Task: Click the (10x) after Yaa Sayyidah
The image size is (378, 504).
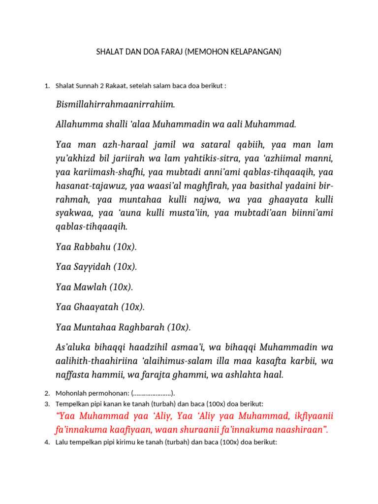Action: pos(125,267)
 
